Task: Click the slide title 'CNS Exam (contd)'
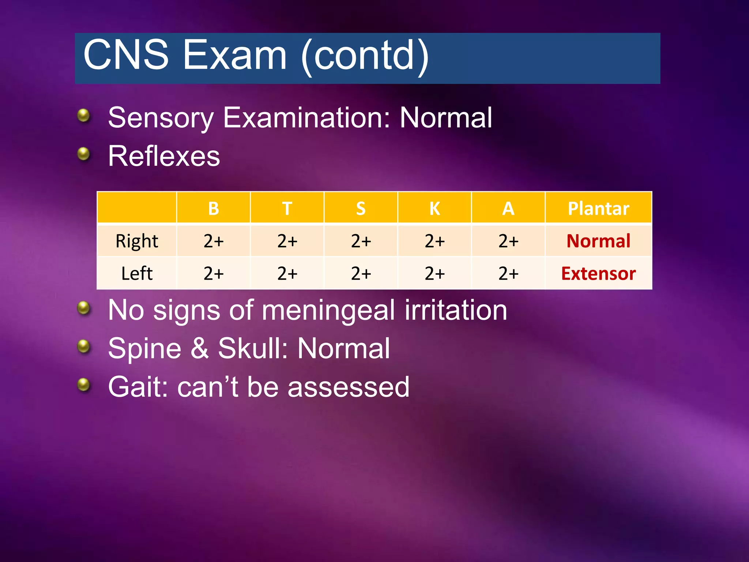click(256, 56)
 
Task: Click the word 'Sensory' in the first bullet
click(161, 118)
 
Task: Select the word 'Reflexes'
click(164, 156)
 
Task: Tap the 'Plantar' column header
click(598, 209)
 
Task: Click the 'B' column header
click(214, 209)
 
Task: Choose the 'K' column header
click(434, 209)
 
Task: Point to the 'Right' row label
click(137, 241)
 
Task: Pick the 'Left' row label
click(137, 273)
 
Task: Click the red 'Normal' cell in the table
click(598, 241)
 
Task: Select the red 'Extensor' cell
click(598, 273)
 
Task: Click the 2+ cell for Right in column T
click(287, 241)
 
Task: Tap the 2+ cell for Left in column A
click(508, 273)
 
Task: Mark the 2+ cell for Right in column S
click(361, 241)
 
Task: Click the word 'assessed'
click(348, 387)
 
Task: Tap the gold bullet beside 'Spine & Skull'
click(84, 346)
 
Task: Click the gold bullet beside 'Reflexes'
click(84, 154)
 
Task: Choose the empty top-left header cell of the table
click(137, 208)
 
